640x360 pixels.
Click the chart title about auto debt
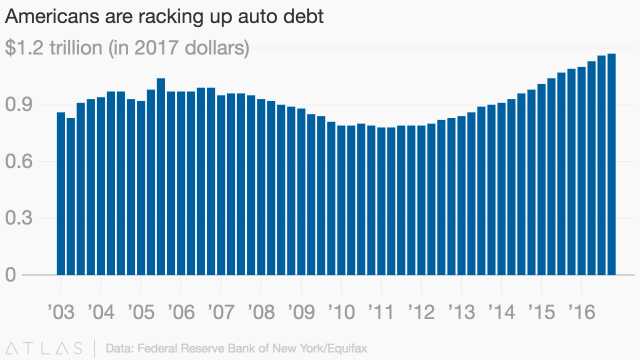(x=164, y=16)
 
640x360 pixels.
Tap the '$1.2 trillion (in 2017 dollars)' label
(x=127, y=48)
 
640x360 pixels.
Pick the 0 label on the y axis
(x=11, y=275)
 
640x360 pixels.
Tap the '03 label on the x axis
(x=60, y=312)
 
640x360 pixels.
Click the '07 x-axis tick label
(x=221, y=312)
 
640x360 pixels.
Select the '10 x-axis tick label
(x=341, y=312)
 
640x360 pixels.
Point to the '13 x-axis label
(x=461, y=312)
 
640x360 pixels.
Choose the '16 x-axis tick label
(x=581, y=312)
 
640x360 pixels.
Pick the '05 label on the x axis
(x=141, y=312)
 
